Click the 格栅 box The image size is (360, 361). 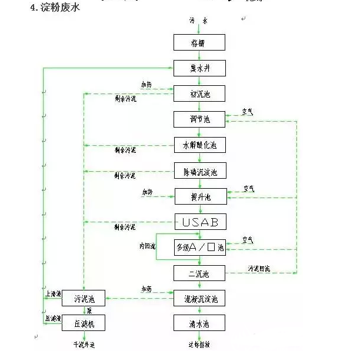click(x=199, y=43)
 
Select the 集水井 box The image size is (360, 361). click(x=199, y=68)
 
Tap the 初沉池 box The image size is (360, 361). click(x=199, y=93)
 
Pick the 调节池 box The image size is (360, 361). click(x=199, y=119)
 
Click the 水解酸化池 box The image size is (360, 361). click(x=199, y=145)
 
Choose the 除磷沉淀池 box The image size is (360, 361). click(x=199, y=172)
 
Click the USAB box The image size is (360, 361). click(x=199, y=222)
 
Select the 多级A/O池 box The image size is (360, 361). click(x=199, y=248)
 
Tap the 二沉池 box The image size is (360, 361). click(x=199, y=273)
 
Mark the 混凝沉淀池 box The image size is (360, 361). click(x=199, y=299)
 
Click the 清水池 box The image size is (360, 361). click(x=199, y=324)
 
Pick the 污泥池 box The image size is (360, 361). click(x=83, y=299)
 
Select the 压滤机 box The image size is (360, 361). click(x=83, y=324)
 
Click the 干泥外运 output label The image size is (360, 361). click(x=83, y=345)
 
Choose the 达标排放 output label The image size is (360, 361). click(x=199, y=345)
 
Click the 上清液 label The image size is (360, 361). click(x=52, y=292)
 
